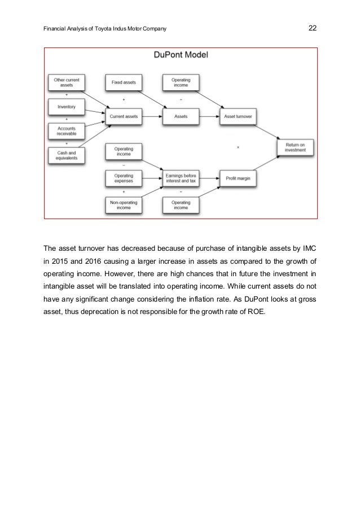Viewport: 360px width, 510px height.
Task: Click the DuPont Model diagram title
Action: click(x=181, y=55)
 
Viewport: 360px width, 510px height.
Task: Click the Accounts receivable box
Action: click(x=67, y=130)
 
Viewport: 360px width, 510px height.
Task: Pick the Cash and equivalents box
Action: click(x=67, y=155)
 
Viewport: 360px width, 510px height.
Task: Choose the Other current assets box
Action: click(x=67, y=83)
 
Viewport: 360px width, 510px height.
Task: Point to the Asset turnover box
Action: click(x=238, y=116)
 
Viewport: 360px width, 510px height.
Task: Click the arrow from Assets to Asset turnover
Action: click(x=209, y=116)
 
